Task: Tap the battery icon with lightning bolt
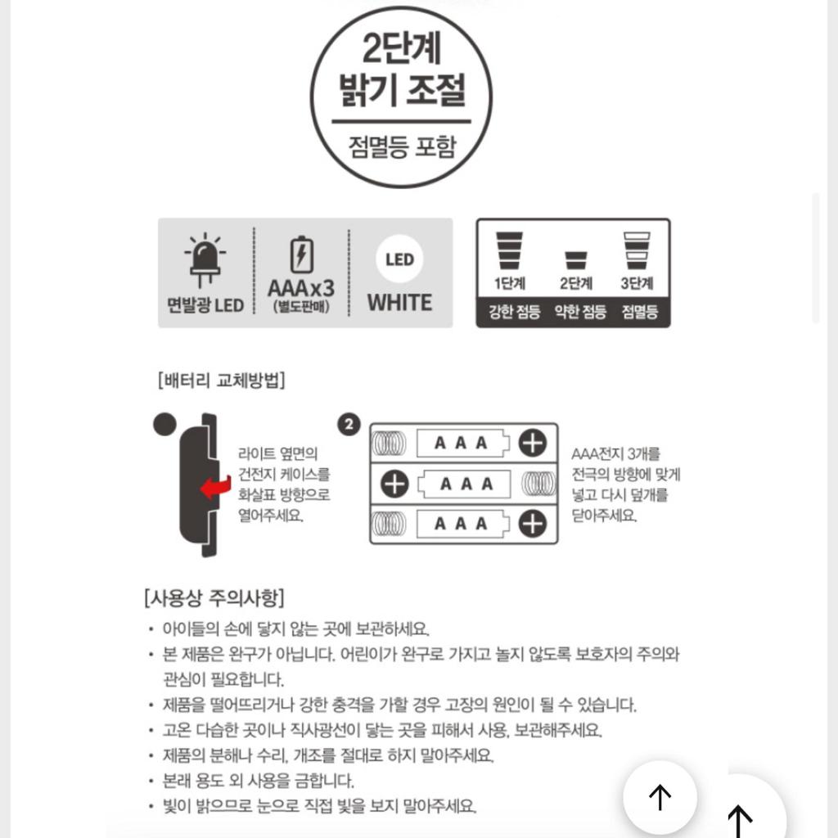click(x=301, y=255)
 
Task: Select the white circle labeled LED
click(x=399, y=260)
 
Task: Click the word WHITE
click(x=399, y=302)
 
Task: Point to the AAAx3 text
click(x=301, y=288)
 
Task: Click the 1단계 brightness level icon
click(x=509, y=251)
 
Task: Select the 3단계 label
click(x=637, y=284)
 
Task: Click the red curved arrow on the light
click(x=215, y=488)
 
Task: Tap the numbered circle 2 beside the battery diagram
click(x=349, y=425)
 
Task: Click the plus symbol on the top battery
click(x=532, y=444)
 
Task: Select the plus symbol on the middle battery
click(x=394, y=484)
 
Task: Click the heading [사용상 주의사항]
click(x=214, y=597)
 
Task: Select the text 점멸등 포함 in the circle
click(x=402, y=147)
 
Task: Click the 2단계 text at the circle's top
click(x=402, y=47)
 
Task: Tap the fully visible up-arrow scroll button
click(x=660, y=796)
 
